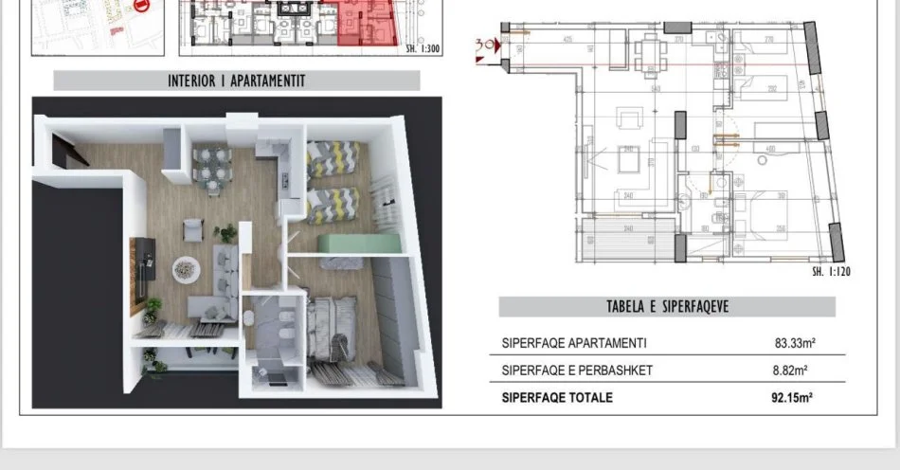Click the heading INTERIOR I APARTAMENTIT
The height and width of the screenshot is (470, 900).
click(236, 81)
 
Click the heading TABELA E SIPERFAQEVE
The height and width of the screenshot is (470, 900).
click(667, 307)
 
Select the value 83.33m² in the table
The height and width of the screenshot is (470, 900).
click(796, 344)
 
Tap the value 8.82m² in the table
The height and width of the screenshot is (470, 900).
click(796, 371)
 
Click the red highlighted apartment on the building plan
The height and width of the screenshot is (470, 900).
click(366, 23)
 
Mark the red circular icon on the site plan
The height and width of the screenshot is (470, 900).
click(143, 5)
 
